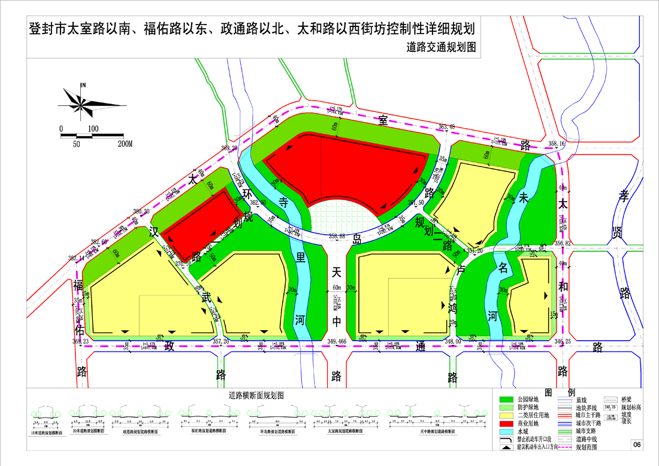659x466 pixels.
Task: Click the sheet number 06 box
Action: (x=637, y=444)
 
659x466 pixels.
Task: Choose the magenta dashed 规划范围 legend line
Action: (x=566, y=447)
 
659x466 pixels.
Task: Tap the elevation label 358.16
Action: (x=557, y=144)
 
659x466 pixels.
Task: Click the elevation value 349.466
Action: (x=340, y=341)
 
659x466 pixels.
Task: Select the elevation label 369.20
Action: (x=229, y=148)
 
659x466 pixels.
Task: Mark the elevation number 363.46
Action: (x=447, y=126)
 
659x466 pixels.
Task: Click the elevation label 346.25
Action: (x=564, y=341)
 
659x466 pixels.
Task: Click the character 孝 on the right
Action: (x=625, y=195)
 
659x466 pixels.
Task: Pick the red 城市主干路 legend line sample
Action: (x=566, y=414)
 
